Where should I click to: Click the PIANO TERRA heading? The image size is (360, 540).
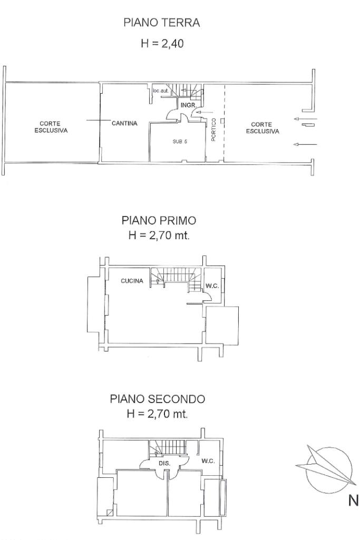coord(162,23)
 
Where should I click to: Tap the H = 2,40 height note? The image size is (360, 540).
coord(162,43)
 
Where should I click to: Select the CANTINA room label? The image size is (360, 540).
coord(124,123)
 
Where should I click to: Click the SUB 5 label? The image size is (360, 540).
coord(180,142)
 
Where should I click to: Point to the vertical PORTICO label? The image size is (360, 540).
coord(213,130)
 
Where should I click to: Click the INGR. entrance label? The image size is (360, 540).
coord(189,105)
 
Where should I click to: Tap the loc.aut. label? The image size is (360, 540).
coord(161,91)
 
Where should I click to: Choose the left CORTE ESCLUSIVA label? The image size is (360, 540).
coord(51,127)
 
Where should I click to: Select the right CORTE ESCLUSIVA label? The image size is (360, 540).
coord(262,128)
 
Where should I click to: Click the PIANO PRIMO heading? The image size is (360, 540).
coord(159,220)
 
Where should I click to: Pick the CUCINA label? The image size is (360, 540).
coord(132,281)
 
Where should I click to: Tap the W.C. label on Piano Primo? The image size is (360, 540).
coord(212,286)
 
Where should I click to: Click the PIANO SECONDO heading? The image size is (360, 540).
coord(158,399)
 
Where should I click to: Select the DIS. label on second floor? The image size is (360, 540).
coord(164,464)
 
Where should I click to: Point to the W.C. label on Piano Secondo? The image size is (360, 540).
coord(208,461)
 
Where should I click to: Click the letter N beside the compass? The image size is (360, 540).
coord(354,500)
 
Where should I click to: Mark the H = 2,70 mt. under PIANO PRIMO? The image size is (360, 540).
coord(159,235)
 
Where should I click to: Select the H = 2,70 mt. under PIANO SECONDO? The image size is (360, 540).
coord(158,414)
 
